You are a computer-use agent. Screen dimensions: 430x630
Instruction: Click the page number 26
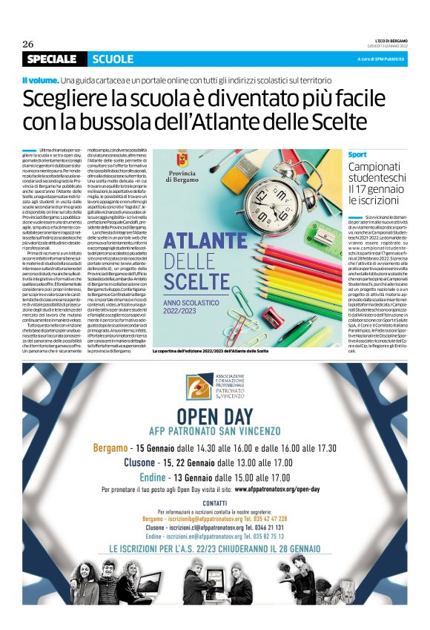point(28,44)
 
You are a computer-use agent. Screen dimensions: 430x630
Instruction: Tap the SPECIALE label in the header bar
point(51,59)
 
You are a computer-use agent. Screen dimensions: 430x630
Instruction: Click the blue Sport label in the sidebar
point(357,154)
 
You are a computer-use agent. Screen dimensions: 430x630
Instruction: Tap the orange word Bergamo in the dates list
point(109,427)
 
